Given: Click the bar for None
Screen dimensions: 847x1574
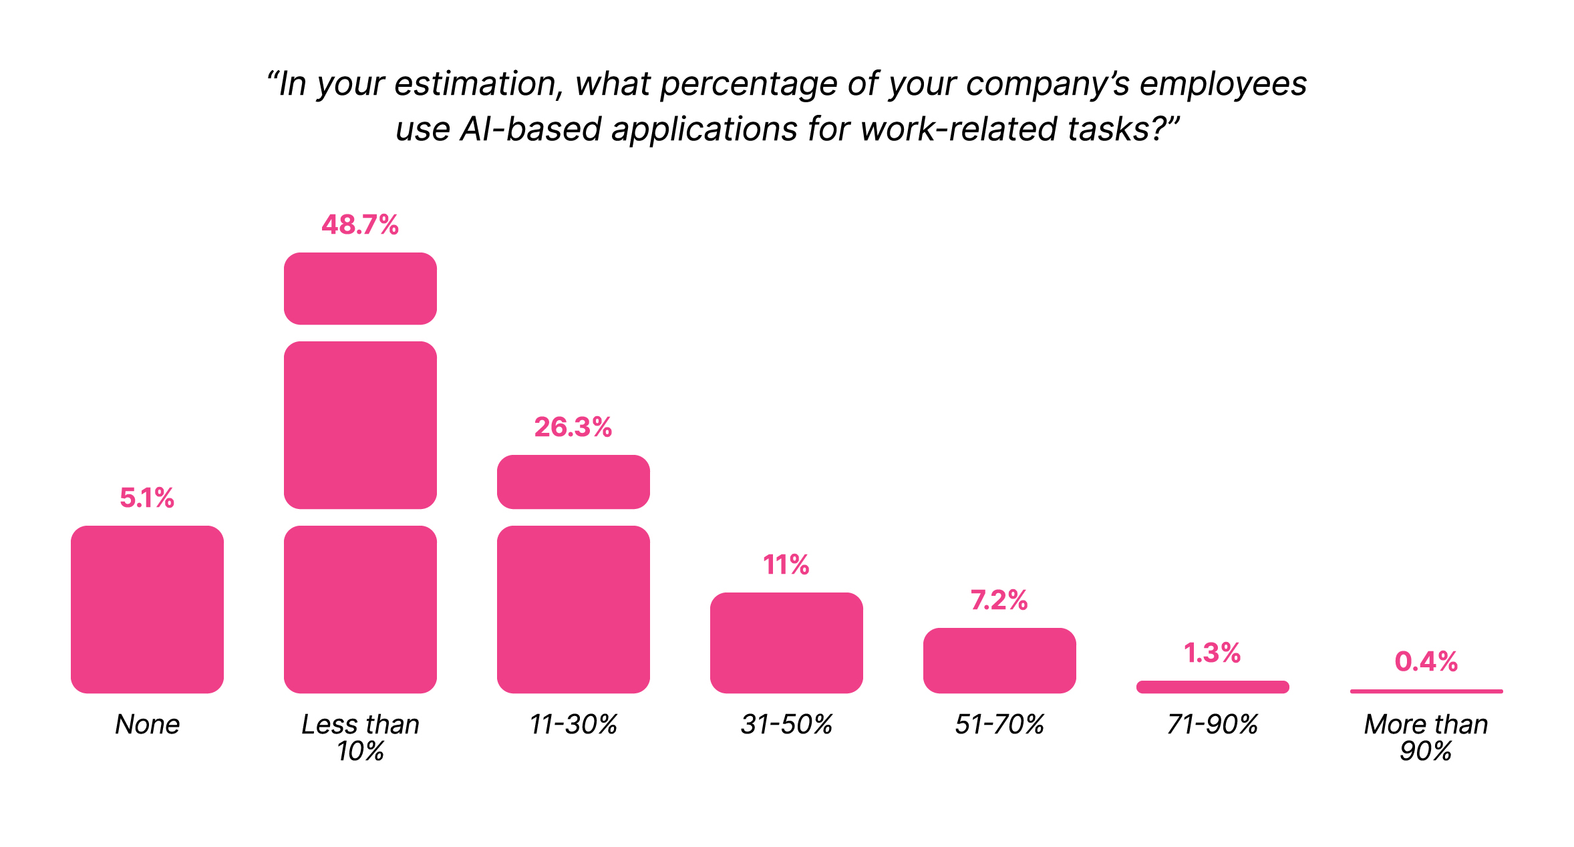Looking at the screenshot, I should coord(147,609).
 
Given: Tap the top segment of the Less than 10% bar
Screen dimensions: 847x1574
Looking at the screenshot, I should coord(360,289).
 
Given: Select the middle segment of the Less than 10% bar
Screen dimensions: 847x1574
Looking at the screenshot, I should coord(360,425).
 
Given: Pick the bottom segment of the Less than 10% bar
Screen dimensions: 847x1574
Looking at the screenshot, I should coord(360,609).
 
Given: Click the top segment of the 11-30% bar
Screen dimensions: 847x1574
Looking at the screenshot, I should coord(573,482).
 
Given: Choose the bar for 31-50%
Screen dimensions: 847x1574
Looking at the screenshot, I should coord(786,643).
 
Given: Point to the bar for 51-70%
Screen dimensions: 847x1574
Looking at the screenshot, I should coord(999,660).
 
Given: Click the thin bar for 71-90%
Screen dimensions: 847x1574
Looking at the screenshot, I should coord(1213,687).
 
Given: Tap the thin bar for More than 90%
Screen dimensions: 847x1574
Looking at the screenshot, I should coord(1426,691).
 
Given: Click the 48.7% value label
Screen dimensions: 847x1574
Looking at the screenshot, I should coord(360,225).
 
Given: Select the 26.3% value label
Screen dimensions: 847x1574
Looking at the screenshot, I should coord(573,428).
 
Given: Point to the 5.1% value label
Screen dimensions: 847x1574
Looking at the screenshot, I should coord(147,498).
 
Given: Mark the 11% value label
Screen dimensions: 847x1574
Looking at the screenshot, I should coord(786,565).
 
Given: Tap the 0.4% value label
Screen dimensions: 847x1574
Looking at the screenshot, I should coord(1426,662).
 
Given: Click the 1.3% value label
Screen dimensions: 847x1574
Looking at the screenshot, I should coord(1213,653).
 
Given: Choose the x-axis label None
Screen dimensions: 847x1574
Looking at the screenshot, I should coord(147,725).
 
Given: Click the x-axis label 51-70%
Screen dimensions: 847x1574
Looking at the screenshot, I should coord(999,725).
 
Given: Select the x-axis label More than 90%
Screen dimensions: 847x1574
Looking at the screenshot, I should coord(1426,737).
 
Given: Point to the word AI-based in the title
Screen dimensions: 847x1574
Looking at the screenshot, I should coord(530,129).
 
